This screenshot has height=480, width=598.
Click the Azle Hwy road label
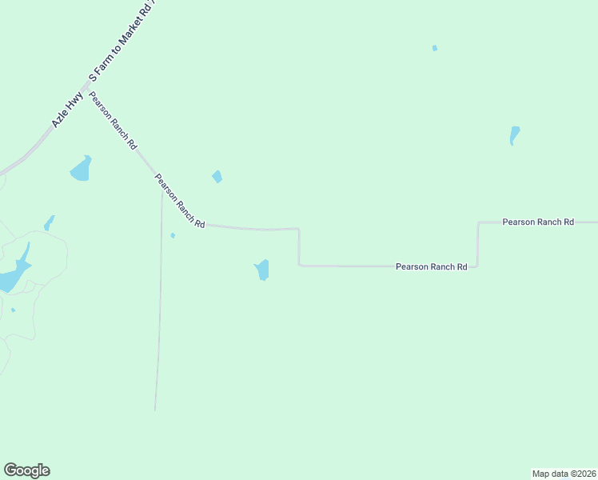pyautogui.click(x=67, y=110)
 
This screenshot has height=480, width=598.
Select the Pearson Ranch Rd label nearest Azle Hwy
pyautogui.click(x=113, y=122)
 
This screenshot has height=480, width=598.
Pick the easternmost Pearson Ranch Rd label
pyautogui.click(x=538, y=222)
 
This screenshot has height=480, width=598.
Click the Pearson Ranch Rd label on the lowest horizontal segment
pyautogui.click(x=431, y=266)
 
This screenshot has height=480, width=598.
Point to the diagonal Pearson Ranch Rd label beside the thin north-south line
pyautogui.click(x=179, y=202)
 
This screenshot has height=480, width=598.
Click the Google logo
pyautogui.click(x=26, y=470)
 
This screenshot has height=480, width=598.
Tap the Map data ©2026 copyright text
pyautogui.click(x=564, y=473)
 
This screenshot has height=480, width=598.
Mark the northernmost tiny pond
pyautogui.click(x=435, y=48)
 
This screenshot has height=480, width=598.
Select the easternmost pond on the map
pyautogui.click(x=514, y=135)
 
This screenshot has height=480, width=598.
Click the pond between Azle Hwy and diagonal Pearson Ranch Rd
pyautogui.click(x=81, y=169)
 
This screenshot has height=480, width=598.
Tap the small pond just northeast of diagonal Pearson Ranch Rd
pyautogui.click(x=217, y=177)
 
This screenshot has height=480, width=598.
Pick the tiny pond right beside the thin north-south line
pyautogui.click(x=173, y=235)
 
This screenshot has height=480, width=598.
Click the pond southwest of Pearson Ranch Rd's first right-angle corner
pyautogui.click(x=262, y=270)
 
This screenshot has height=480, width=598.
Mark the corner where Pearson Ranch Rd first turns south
pyautogui.click(x=299, y=230)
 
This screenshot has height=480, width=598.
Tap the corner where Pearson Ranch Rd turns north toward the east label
pyautogui.click(x=478, y=266)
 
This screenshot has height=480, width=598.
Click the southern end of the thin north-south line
pyautogui.click(x=155, y=410)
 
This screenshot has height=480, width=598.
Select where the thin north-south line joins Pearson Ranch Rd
pyautogui.click(x=162, y=186)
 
